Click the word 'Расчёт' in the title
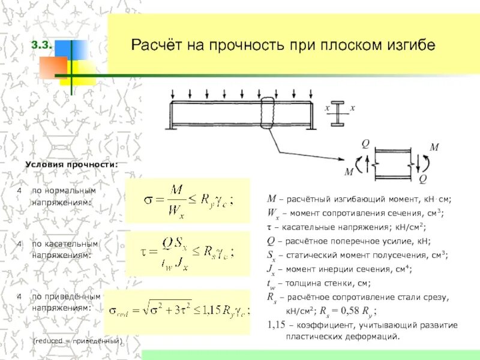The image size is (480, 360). [x=157, y=46]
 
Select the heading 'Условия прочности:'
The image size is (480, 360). [x=71, y=164]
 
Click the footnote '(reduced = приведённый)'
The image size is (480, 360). [x=77, y=341]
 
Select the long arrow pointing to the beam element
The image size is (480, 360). [x=307, y=149]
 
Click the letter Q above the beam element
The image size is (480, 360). [x=364, y=142]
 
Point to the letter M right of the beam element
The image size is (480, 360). [x=434, y=147]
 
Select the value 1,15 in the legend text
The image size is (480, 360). [x=277, y=325]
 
